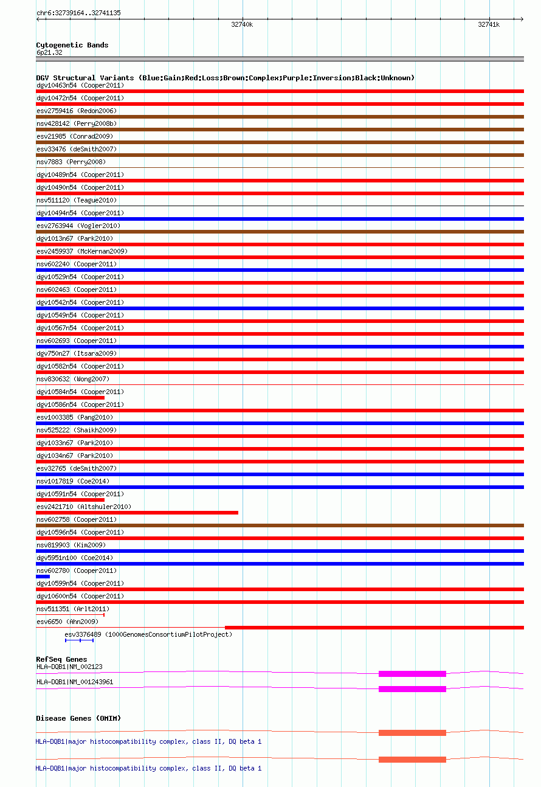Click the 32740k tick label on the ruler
tap(242, 25)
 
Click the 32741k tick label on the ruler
tap(489, 25)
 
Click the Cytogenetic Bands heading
tap(72, 45)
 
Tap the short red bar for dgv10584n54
tap(70, 398)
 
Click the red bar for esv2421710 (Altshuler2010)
tap(137, 513)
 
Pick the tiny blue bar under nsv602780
tap(43, 577)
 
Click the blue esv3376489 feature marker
tap(79, 640)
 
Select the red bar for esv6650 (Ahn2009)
tap(374, 628)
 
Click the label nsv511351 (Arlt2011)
tap(73, 609)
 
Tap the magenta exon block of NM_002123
tap(412, 674)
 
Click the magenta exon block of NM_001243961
tap(412, 689)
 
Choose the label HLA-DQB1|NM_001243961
tap(75, 682)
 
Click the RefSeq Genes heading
tap(61, 659)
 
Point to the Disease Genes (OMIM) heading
tap(78, 719)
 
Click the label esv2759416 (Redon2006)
tap(77, 111)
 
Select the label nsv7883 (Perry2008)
tap(71, 162)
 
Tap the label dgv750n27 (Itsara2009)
tap(77, 353)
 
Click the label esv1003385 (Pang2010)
tap(75, 417)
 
